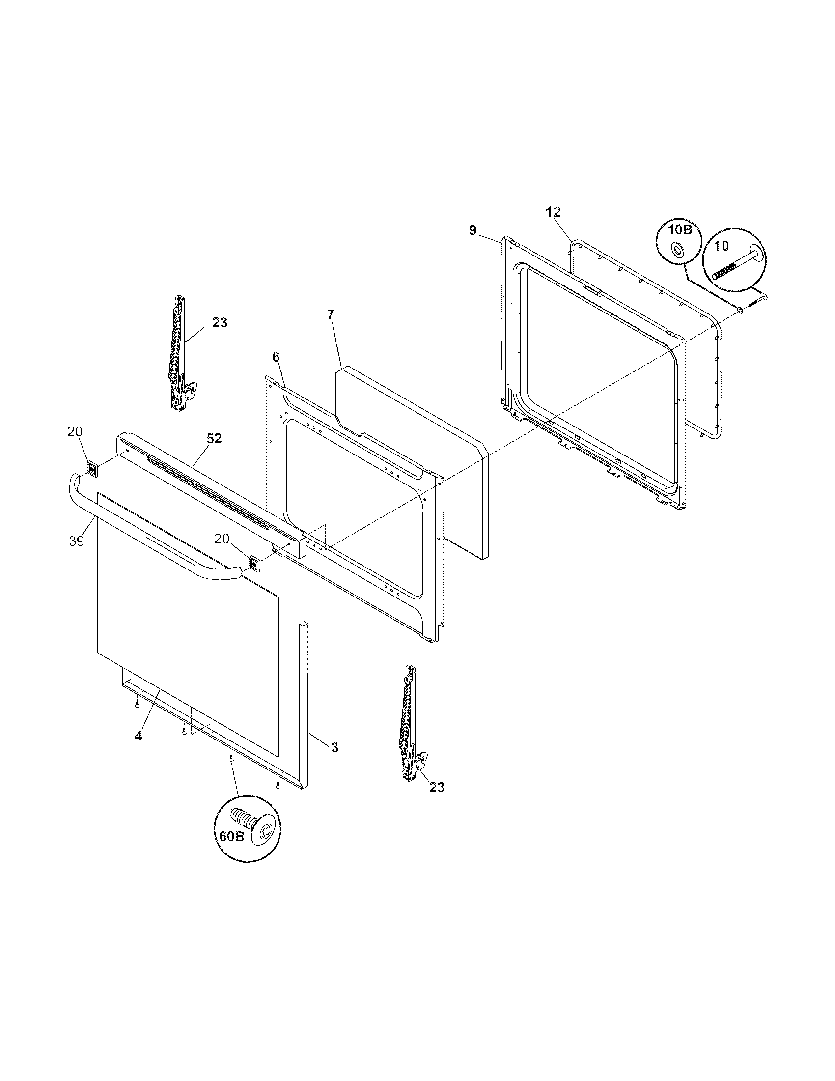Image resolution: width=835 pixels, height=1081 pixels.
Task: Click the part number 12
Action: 553,212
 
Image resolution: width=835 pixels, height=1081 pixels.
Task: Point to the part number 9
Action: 473,229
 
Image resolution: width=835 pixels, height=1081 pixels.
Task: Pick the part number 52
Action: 214,438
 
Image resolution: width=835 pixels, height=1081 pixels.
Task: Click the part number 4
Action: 138,749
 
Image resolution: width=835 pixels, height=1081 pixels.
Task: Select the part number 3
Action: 334,747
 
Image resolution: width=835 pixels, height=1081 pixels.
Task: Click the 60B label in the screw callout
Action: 231,836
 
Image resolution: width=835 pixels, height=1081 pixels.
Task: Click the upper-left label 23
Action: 220,322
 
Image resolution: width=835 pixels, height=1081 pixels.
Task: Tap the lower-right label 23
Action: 437,787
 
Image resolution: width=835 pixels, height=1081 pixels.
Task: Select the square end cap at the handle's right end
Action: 255,563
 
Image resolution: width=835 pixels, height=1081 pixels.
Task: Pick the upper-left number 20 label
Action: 75,431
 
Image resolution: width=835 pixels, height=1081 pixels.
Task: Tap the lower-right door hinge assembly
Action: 410,724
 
